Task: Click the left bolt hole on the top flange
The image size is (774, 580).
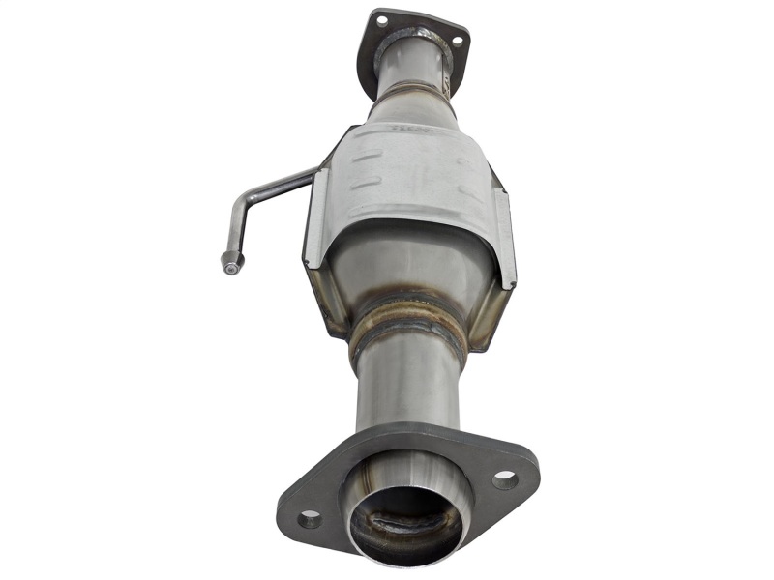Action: [x=381, y=19]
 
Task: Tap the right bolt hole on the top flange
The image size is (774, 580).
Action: [x=457, y=42]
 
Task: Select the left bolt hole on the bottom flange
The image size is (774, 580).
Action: [x=310, y=519]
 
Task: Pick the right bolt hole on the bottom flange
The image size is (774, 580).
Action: [x=505, y=478]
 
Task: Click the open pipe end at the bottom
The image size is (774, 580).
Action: [x=406, y=522]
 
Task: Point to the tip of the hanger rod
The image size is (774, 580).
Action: [x=230, y=261]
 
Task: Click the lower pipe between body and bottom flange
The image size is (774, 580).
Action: [x=406, y=387]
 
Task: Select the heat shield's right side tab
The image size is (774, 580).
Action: [x=505, y=237]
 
